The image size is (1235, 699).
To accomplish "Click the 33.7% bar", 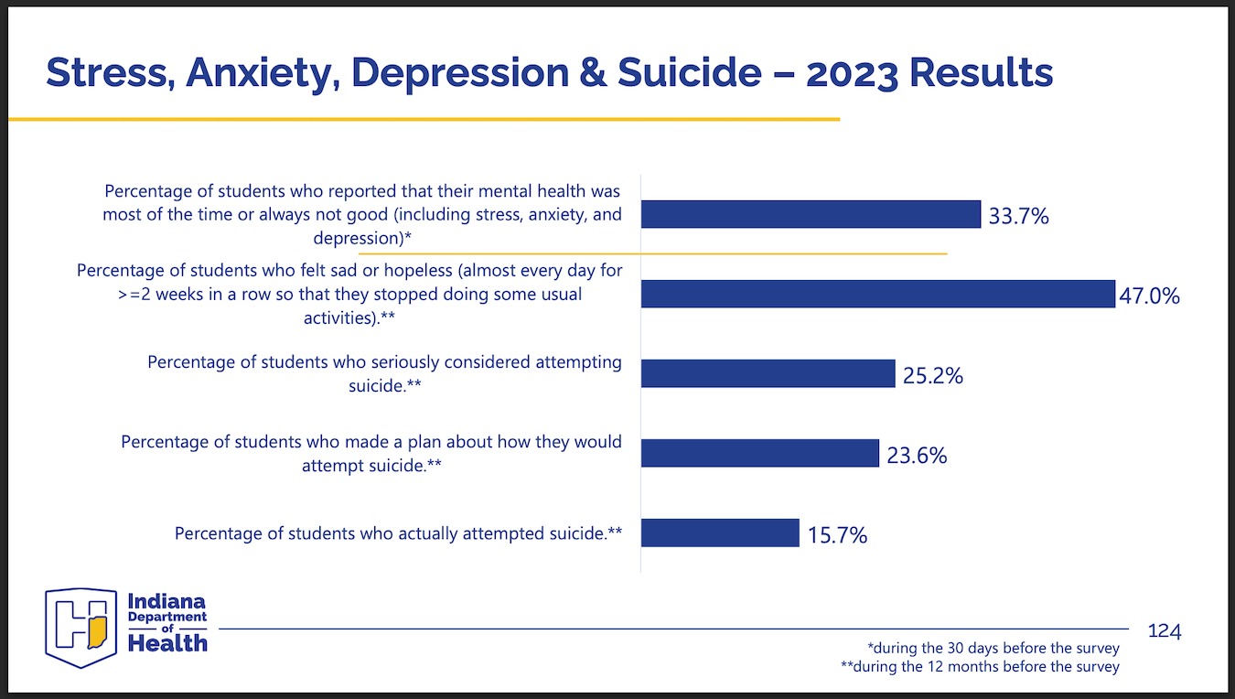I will [x=811, y=214].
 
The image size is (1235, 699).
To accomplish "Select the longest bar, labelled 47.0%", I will [x=877, y=294].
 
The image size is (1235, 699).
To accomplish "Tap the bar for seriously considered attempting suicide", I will [x=768, y=373].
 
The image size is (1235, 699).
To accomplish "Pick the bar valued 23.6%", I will [x=760, y=453].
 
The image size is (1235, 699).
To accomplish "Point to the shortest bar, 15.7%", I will [x=720, y=532].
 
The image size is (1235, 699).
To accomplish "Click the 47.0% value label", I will [x=1150, y=296].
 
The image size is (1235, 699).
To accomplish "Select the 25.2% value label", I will [x=933, y=375].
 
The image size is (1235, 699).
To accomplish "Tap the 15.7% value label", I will [x=837, y=535].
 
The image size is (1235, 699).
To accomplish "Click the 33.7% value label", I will [x=1018, y=217].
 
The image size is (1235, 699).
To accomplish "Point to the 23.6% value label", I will [x=917, y=455].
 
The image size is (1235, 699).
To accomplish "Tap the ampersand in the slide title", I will [x=594, y=72].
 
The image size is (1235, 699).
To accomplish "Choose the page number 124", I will [x=1165, y=631].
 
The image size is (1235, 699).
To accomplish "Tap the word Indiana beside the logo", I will [x=166, y=602].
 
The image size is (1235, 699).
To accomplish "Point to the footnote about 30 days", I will [x=993, y=649].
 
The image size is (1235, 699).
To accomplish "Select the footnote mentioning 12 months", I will [x=980, y=667].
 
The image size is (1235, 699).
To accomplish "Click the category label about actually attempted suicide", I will [x=399, y=532].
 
